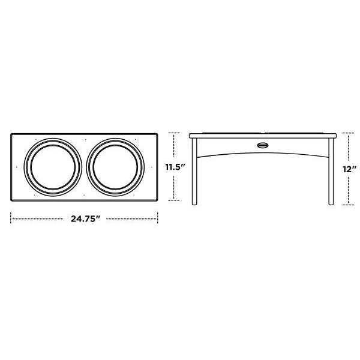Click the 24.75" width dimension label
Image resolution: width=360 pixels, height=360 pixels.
84,219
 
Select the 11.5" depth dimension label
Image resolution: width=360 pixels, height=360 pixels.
175,167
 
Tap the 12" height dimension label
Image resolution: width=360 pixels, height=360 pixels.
350,169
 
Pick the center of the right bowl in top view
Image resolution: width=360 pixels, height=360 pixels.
116,167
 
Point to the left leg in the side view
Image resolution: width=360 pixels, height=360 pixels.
195,174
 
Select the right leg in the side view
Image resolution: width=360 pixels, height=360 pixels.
331,174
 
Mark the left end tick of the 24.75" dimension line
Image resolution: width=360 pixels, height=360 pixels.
11,219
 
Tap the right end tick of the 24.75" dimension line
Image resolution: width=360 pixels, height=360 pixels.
158,219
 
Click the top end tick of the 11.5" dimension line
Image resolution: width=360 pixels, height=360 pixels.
175,133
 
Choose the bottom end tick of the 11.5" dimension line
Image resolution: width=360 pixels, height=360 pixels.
175,200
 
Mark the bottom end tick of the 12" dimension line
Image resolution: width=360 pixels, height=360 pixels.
349,205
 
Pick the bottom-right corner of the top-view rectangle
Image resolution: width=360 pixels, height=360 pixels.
158,200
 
